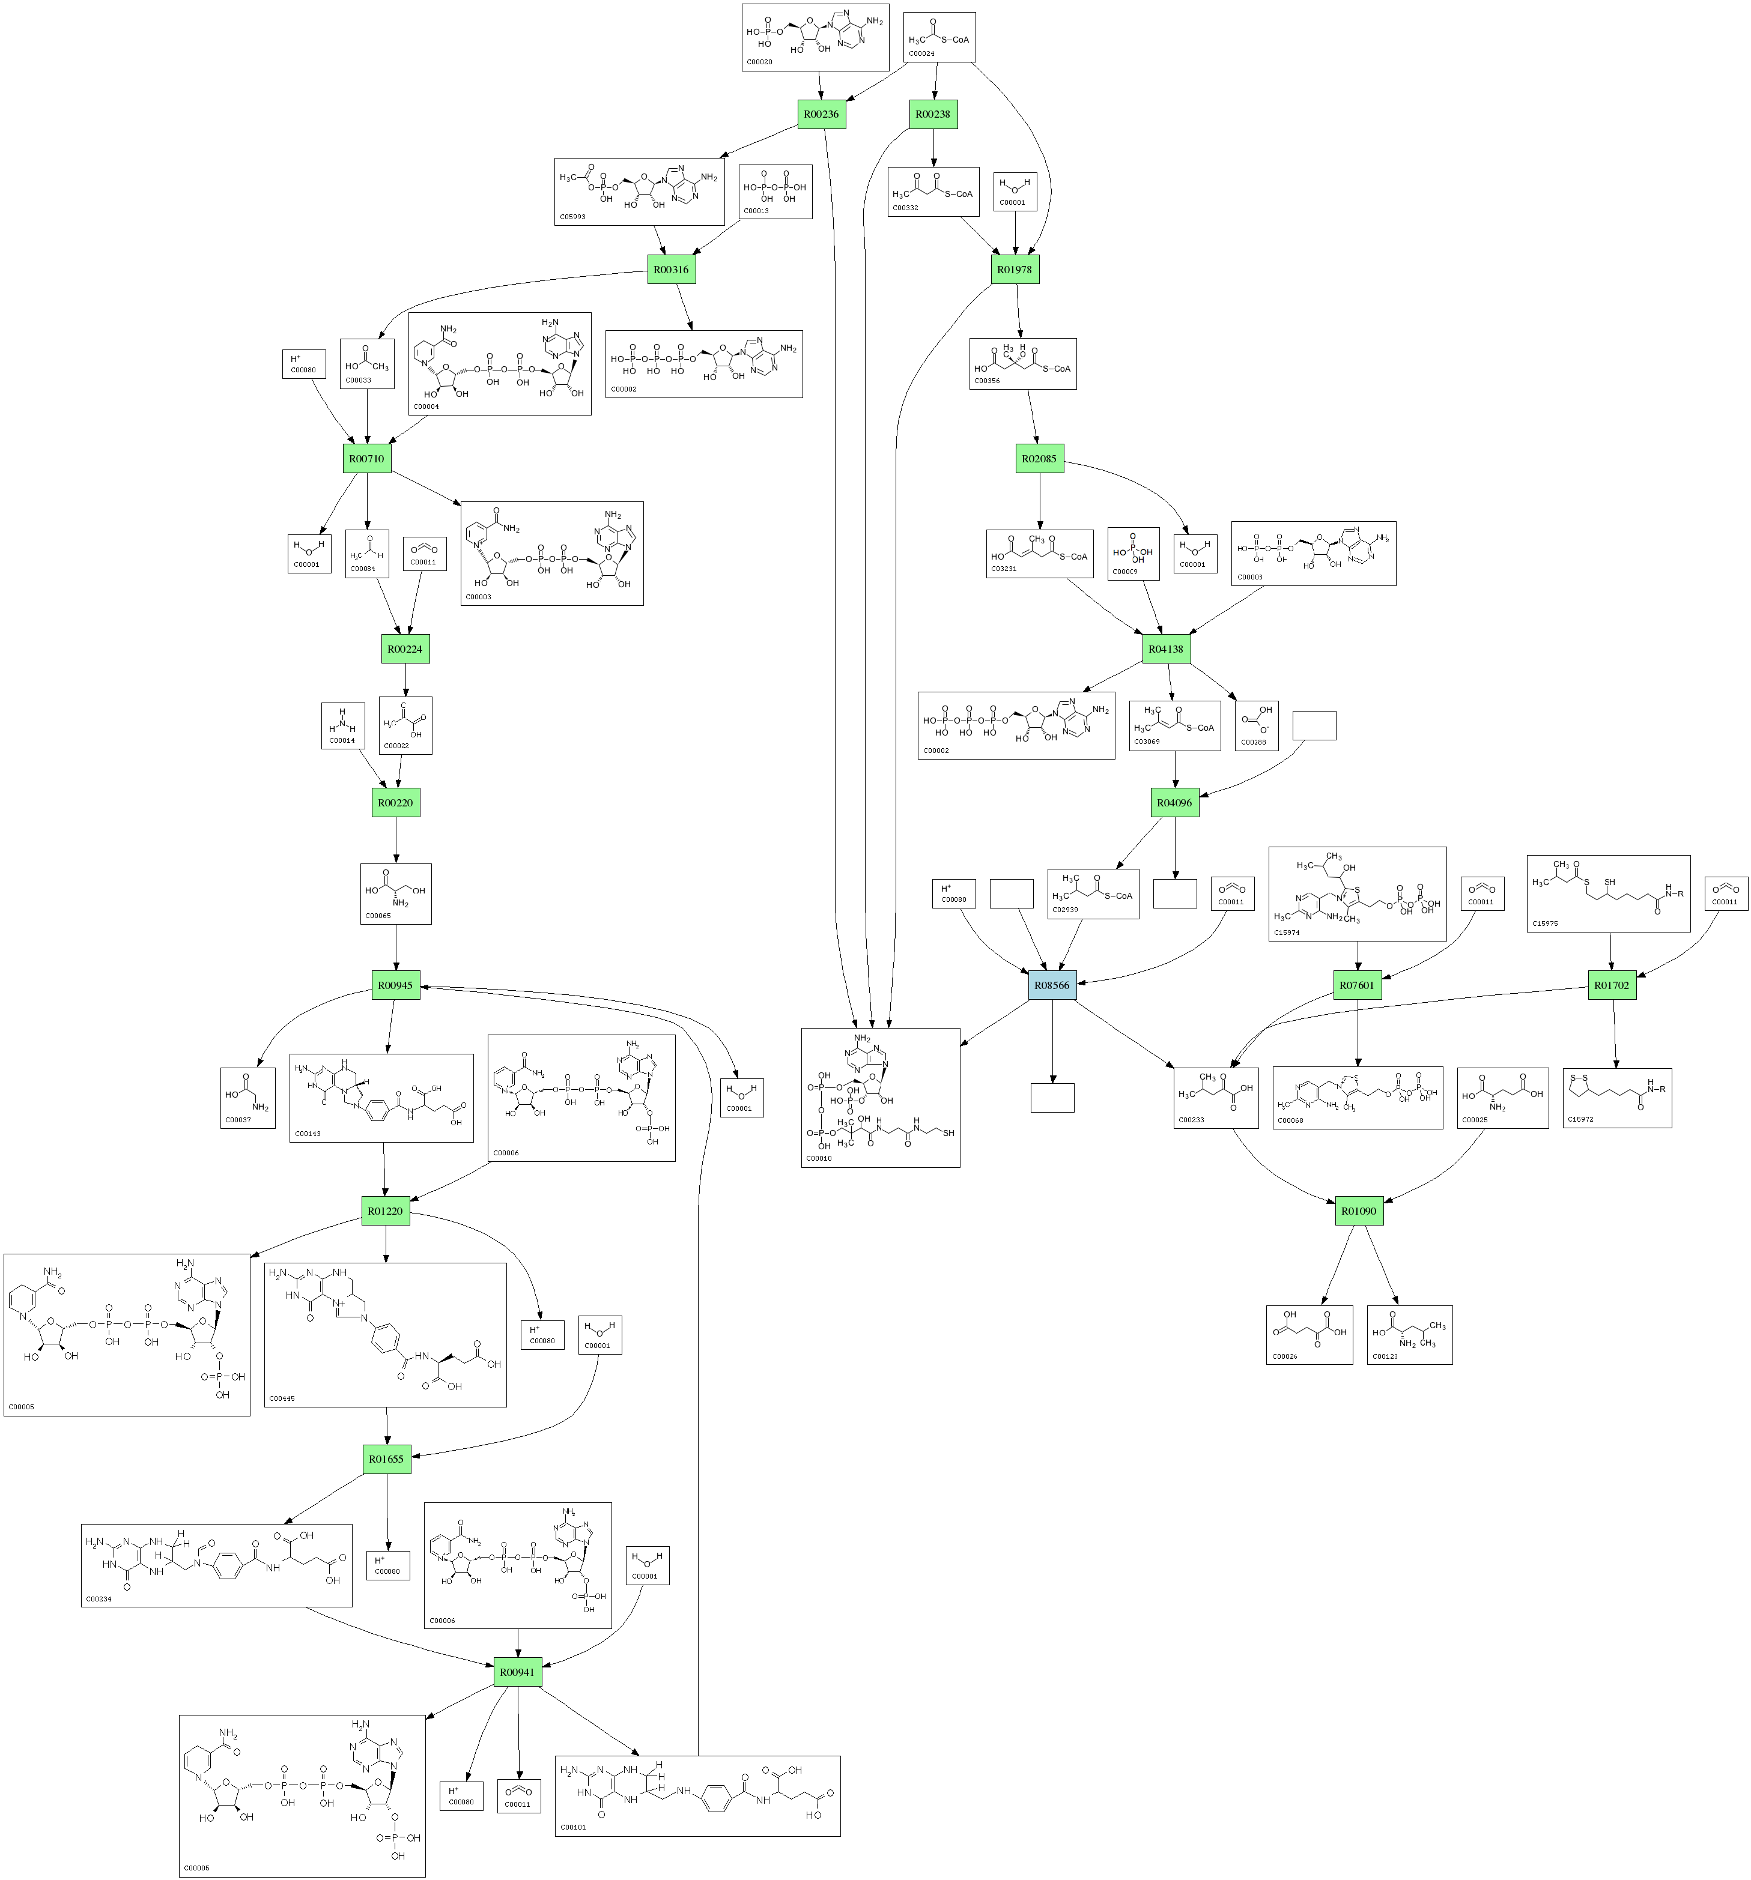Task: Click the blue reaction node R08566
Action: pyautogui.click(x=1052, y=985)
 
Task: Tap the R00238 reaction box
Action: pyautogui.click(x=933, y=115)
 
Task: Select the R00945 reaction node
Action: pyautogui.click(x=395, y=985)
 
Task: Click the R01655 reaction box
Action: pyautogui.click(x=386, y=1459)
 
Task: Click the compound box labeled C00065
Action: pyautogui.click(x=395, y=893)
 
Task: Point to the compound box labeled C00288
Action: pyautogui.click(x=1256, y=725)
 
